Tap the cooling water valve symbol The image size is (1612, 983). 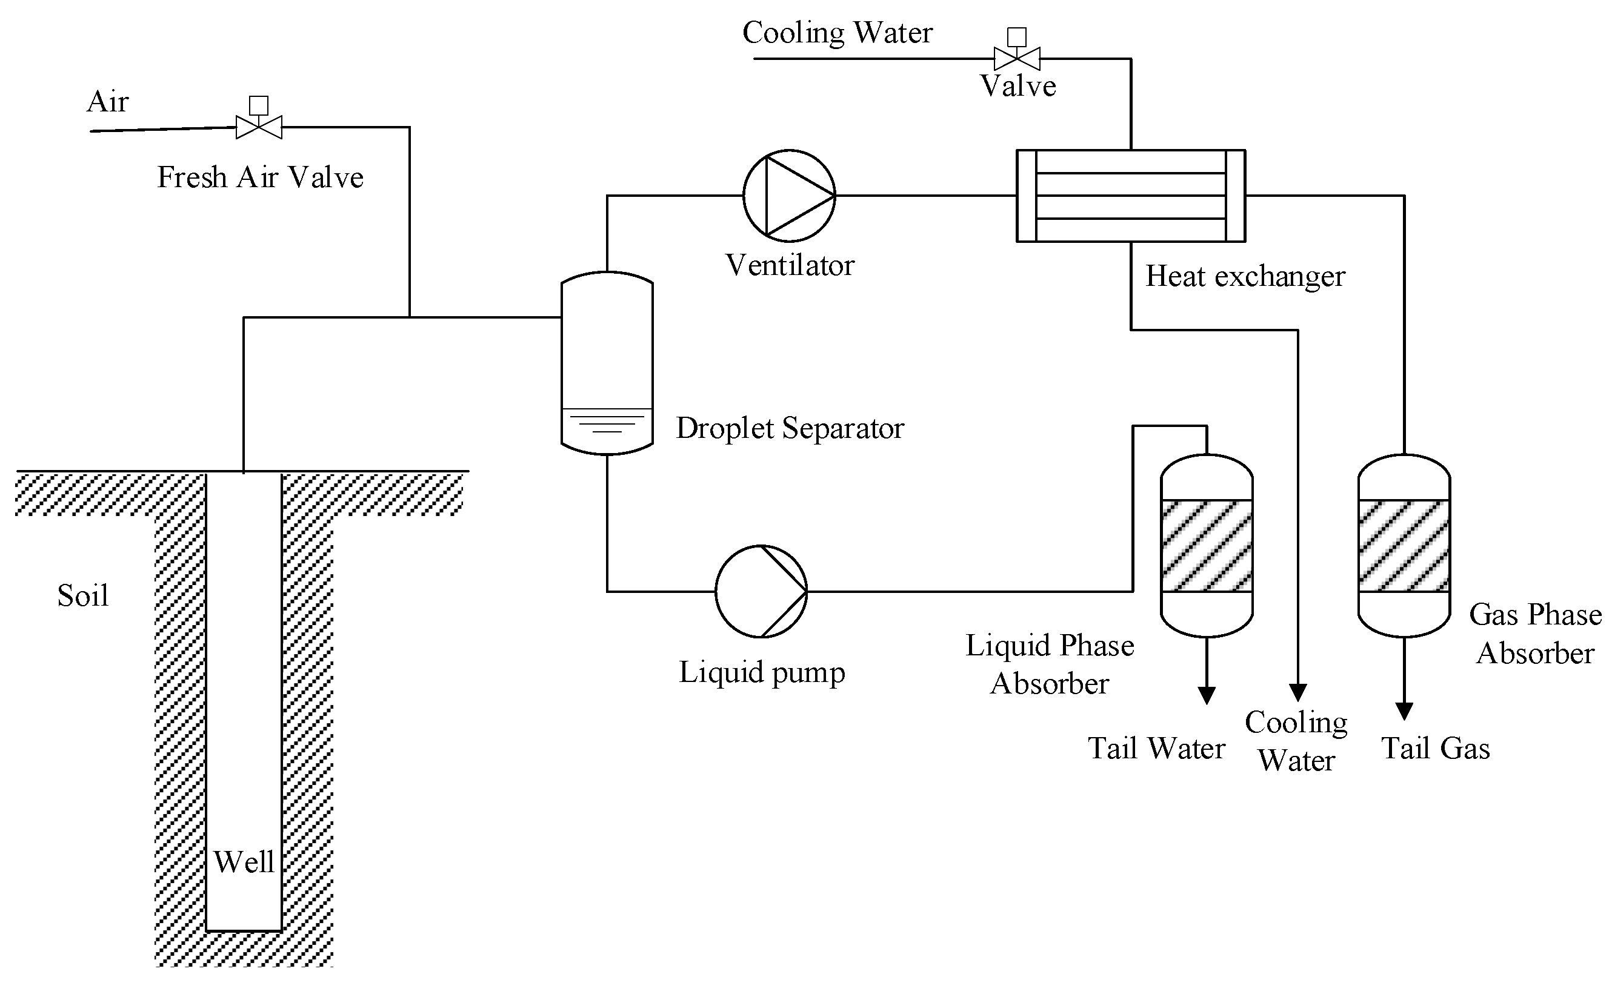pyautogui.click(x=1017, y=49)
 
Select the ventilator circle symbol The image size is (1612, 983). pyautogui.click(x=789, y=196)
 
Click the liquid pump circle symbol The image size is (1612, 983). pyautogui.click(x=761, y=591)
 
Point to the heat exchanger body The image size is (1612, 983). pyautogui.click(x=1130, y=196)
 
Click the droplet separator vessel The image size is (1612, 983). pyautogui.click(x=607, y=363)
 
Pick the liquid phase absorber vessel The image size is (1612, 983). pyautogui.click(x=1207, y=546)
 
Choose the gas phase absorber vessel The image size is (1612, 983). pyautogui.click(x=1404, y=546)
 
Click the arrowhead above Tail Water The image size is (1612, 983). pyautogui.click(x=1207, y=696)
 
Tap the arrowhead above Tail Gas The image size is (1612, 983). pyautogui.click(x=1404, y=712)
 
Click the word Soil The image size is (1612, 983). pyautogui.click(x=83, y=595)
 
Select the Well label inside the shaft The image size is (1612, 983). pyautogui.click(x=244, y=861)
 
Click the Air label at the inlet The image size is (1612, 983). pyautogui.click(x=108, y=101)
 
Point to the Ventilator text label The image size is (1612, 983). pyautogui.click(x=790, y=265)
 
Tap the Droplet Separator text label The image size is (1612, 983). pyautogui.click(x=790, y=428)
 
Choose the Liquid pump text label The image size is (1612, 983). pyautogui.click(x=762, y=673)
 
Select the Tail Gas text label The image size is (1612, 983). pyautogui.click(x=1436, y=748)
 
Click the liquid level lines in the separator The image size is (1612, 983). pyautogui.click(x=607, y=420)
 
